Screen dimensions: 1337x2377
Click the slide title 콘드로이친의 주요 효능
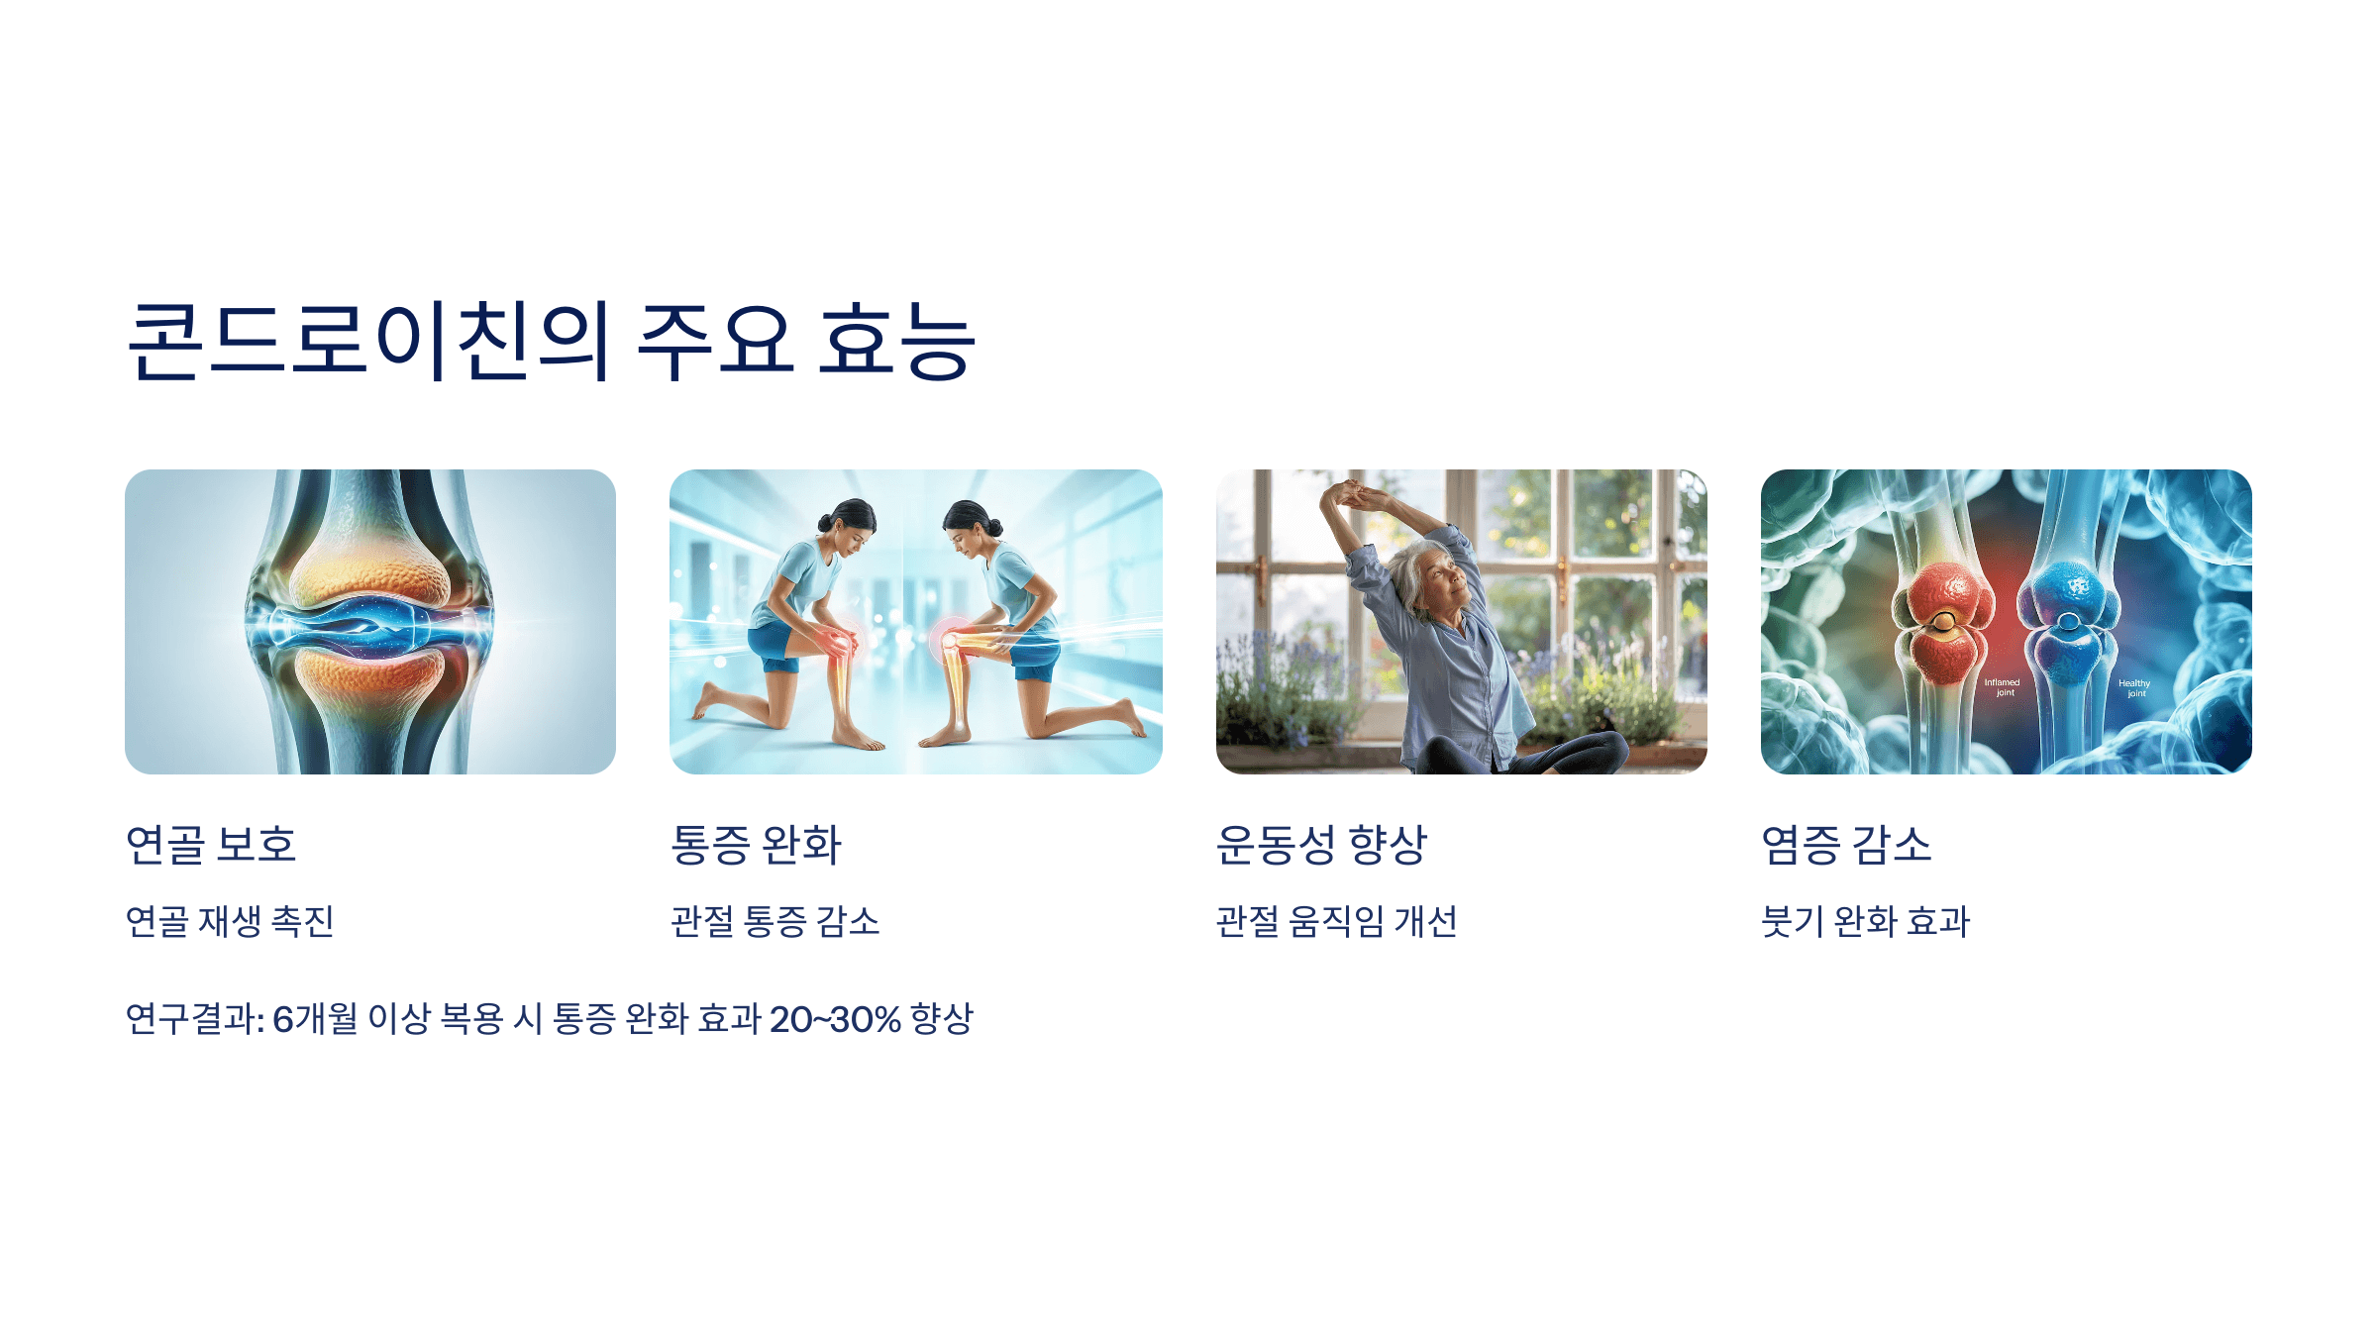pyautogui.click(x=552, y=342)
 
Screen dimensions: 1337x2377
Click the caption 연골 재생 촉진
pyautogui.click(x=230, y=922)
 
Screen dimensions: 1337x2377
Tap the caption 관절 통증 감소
pyautogui.click(x=775, y=922)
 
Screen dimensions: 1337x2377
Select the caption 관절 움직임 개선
pyautogui.click(x=1336, y=922)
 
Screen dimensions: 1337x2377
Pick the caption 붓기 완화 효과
pyautogui.click(x=1866, y=922)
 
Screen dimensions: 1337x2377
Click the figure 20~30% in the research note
pyautogui.click(x=835, y=1019)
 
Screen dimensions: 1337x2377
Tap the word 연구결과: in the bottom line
pyautogui.click(x=195, y=1019)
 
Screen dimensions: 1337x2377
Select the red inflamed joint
pyautogui.click(x=1943, y=622)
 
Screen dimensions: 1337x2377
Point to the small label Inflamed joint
pyautogui.click(x=2002, y=687)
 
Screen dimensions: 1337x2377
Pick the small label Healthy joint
pyautogui.click(x=2134, y=688)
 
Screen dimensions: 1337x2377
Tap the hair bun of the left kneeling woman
pyautogui.click(x=825, y=522)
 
